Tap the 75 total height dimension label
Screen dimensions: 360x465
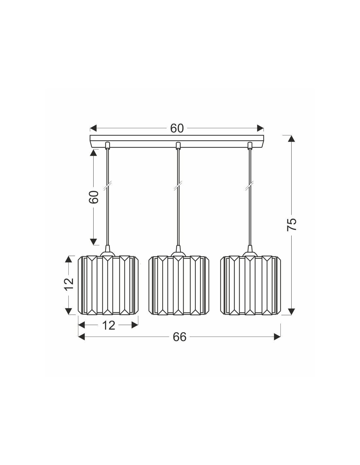click(292, 224)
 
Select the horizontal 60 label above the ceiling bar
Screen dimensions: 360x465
click(177, 129)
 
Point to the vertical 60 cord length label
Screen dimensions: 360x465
click(94, 197)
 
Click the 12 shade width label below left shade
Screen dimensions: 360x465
click(109, 325)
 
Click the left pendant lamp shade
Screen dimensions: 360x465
click(108, 285)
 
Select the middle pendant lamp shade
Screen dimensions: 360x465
click(179, 285)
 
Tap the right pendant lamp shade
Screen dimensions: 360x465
click(251, 285)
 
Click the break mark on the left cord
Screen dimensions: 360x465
click(107, 186)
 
